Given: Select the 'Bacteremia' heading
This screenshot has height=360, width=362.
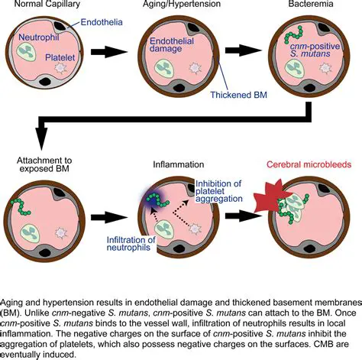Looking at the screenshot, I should click(308, 5).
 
